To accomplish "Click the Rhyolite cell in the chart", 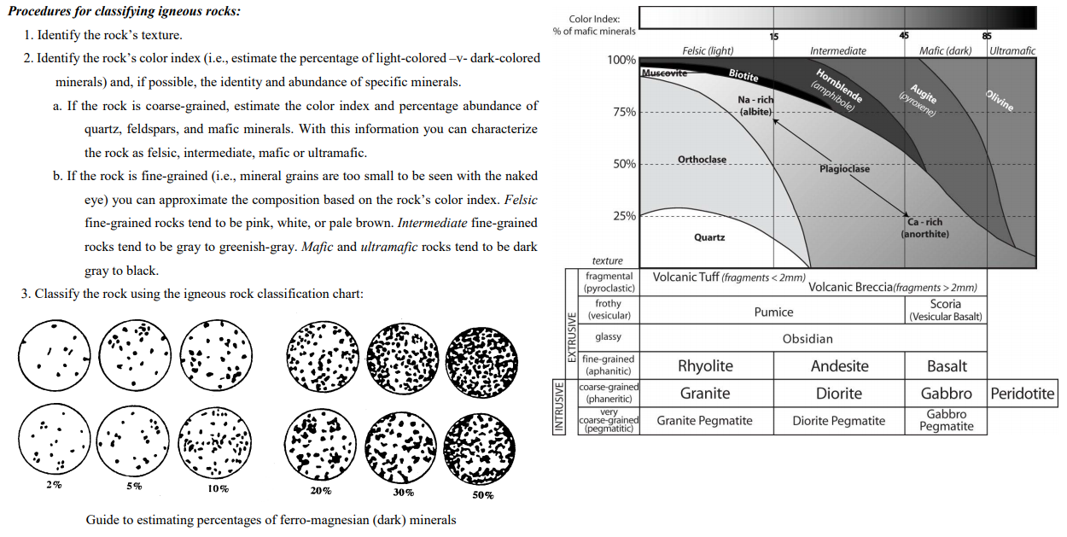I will coord(705,366).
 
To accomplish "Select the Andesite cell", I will coord(839,366).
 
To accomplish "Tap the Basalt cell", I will coord(947,366).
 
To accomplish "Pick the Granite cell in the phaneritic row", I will coord(705,394).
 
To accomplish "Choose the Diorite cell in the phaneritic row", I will coord(839,394).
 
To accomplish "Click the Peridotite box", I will coord(1023,394).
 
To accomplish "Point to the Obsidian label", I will coord(808,339).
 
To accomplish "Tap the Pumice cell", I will coord(773,312).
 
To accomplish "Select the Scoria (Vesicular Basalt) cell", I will coord(946,310).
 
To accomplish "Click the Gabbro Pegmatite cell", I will coord(947,420).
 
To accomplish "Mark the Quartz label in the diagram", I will coord(709,237).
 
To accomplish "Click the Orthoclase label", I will coord(702,160).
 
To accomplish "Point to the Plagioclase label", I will coord(844,169).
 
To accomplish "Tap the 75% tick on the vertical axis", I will coord(624,112).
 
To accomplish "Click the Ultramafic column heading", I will coord(1012,50).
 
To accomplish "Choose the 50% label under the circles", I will coord(483,495).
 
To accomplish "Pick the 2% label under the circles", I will coord(54,485).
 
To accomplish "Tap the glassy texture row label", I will coord(609,337).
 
